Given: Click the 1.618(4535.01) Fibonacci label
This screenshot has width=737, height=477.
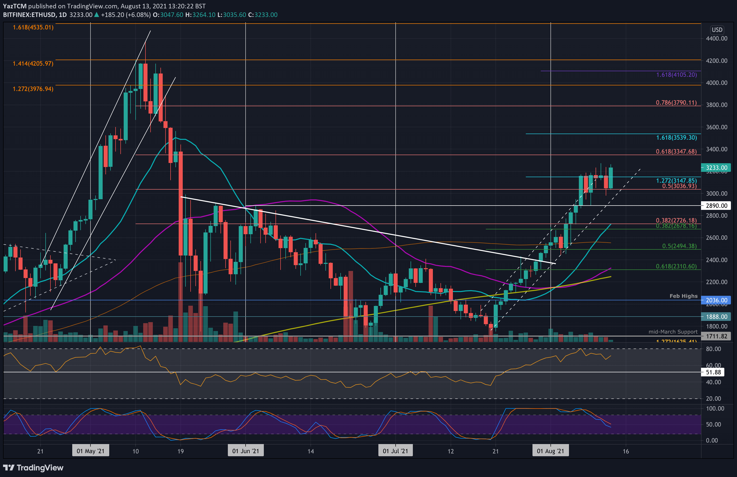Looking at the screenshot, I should click(x=33, y=27).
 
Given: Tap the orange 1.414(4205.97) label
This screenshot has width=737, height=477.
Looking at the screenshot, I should click(x=33, y=64).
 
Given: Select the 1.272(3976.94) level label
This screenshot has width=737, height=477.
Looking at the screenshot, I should click(x=33, y=89).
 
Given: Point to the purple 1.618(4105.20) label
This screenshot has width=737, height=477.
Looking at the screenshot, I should click(x=676, y=75).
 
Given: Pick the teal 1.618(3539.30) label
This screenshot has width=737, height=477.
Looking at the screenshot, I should click(x=676, y=138).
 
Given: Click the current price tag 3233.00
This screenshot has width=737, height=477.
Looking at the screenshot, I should click(x=716, y=168).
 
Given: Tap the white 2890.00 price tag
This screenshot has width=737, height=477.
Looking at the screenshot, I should click(x=716, y=206).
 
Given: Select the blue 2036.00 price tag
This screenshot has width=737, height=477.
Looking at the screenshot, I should click(x=716, y=300).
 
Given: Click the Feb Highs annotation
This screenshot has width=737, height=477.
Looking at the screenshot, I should click(x=684, y=296).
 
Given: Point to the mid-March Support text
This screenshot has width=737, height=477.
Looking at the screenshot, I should click(x=673, y=332).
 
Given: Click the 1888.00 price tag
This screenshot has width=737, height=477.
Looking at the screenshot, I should click(x=716, y=317).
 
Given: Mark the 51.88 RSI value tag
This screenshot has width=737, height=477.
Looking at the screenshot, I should click(x=713, y=372).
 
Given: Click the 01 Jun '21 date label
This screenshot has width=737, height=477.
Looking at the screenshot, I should click(x=246, y=451).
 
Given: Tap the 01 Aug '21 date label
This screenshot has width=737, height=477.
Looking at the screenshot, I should click(x=550, y=451).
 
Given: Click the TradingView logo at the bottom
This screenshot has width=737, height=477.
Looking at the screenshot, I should click(x=33, y=468).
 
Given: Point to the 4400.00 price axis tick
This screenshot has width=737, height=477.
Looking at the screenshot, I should click(x=716, y=39).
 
